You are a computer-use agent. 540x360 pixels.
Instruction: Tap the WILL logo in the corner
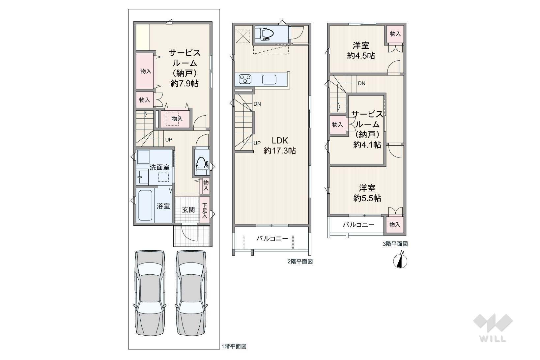coord(493,327)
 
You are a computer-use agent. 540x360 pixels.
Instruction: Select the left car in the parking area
coord(150,293)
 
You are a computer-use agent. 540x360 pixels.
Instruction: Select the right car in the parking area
coord(191,293)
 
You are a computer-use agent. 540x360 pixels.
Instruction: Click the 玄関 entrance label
coord(188,209)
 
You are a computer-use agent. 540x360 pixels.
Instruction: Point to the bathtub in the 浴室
coord(145,205)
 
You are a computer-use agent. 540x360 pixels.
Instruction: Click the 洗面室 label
coord(159,167)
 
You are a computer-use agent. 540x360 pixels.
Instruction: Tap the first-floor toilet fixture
coord(202,166)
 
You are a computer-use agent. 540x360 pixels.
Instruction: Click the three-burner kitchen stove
coord(245,79)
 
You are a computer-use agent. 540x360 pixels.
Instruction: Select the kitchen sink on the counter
coord(269,79)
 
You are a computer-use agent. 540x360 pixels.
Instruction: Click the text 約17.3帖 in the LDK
coord(280,151)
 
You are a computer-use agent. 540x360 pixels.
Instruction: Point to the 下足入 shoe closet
coord(205,210)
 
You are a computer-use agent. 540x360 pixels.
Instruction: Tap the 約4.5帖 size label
coord(361,56)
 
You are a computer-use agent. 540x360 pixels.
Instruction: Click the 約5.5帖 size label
coord(367,198)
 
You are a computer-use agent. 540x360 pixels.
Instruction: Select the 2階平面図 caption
coord(300,262)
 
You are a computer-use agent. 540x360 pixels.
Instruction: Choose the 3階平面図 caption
coord(395,244)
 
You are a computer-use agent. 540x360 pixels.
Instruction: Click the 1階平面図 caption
coord(234,346)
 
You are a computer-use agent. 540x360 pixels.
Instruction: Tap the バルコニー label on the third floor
coord(358,225)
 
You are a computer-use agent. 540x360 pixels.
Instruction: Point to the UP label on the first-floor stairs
coord(168,140)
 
